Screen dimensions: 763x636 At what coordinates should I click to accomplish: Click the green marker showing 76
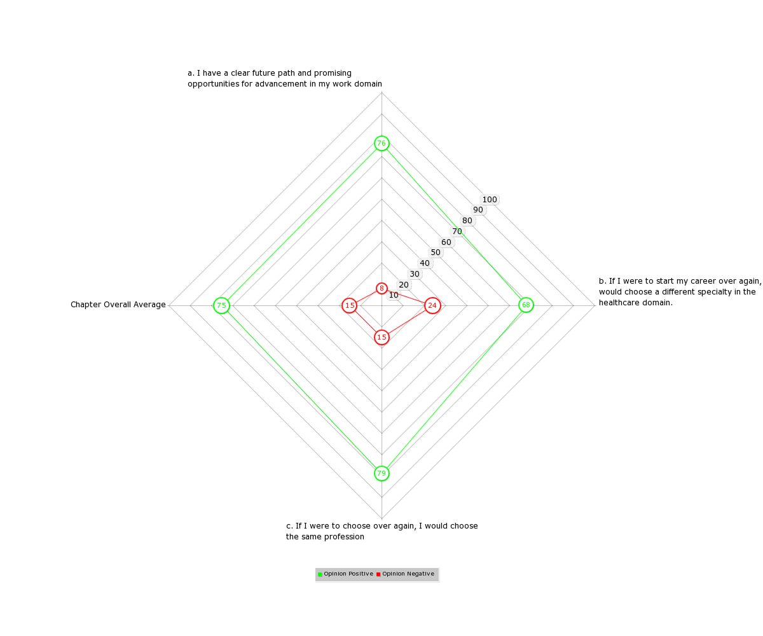[381, 143]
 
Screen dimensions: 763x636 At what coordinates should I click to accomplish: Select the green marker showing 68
[526, 305]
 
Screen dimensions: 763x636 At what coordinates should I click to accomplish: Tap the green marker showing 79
[381, 473]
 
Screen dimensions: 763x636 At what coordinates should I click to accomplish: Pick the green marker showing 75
[221, 305]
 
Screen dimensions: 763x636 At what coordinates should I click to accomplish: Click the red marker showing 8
[381, 288]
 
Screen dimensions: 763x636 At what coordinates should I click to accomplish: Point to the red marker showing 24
[432, 305]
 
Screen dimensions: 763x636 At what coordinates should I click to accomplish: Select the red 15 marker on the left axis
[350, 305]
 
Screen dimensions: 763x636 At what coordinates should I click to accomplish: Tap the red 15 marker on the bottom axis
[381, 337]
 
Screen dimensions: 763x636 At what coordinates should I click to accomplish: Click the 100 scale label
[490, 200]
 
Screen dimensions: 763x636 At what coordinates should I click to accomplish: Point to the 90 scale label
[478, 210]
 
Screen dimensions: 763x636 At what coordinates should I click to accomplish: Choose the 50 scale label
[435, 252]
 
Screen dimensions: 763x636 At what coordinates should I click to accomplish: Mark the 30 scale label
[414, 273]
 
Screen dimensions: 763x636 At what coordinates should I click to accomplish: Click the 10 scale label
[393, 295]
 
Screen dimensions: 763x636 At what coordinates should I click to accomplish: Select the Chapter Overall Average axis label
[118, 305]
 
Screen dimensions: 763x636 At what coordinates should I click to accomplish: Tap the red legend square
[378, 574]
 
